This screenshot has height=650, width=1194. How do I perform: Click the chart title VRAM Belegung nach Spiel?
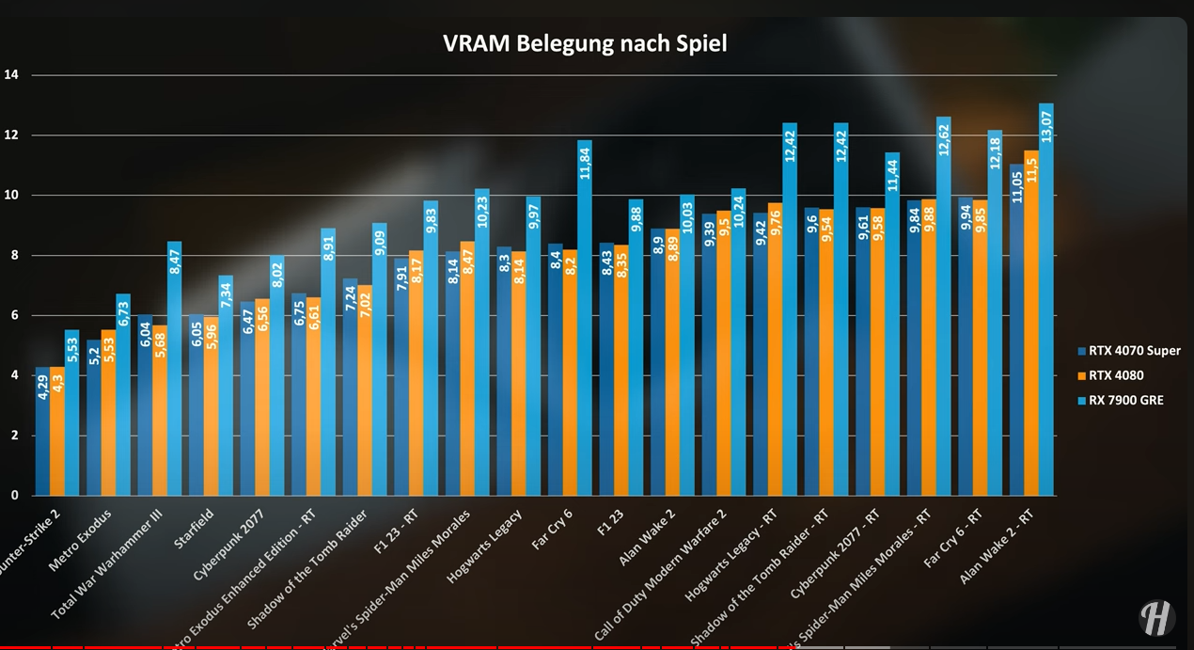coord(585,43)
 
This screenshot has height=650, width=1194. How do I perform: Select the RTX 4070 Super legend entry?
coord(1134,351)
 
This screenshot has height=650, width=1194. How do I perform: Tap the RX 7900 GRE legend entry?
coord(1125,400)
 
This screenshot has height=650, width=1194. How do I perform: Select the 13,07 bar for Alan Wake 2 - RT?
coord(1046,301)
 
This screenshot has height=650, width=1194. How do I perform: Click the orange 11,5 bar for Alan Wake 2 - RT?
coord(1031,325)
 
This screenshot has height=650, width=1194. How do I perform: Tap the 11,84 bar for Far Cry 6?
coord(585,320)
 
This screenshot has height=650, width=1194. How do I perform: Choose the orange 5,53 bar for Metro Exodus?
coord(108,414)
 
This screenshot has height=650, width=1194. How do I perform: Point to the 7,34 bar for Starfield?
coord(226,386)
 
